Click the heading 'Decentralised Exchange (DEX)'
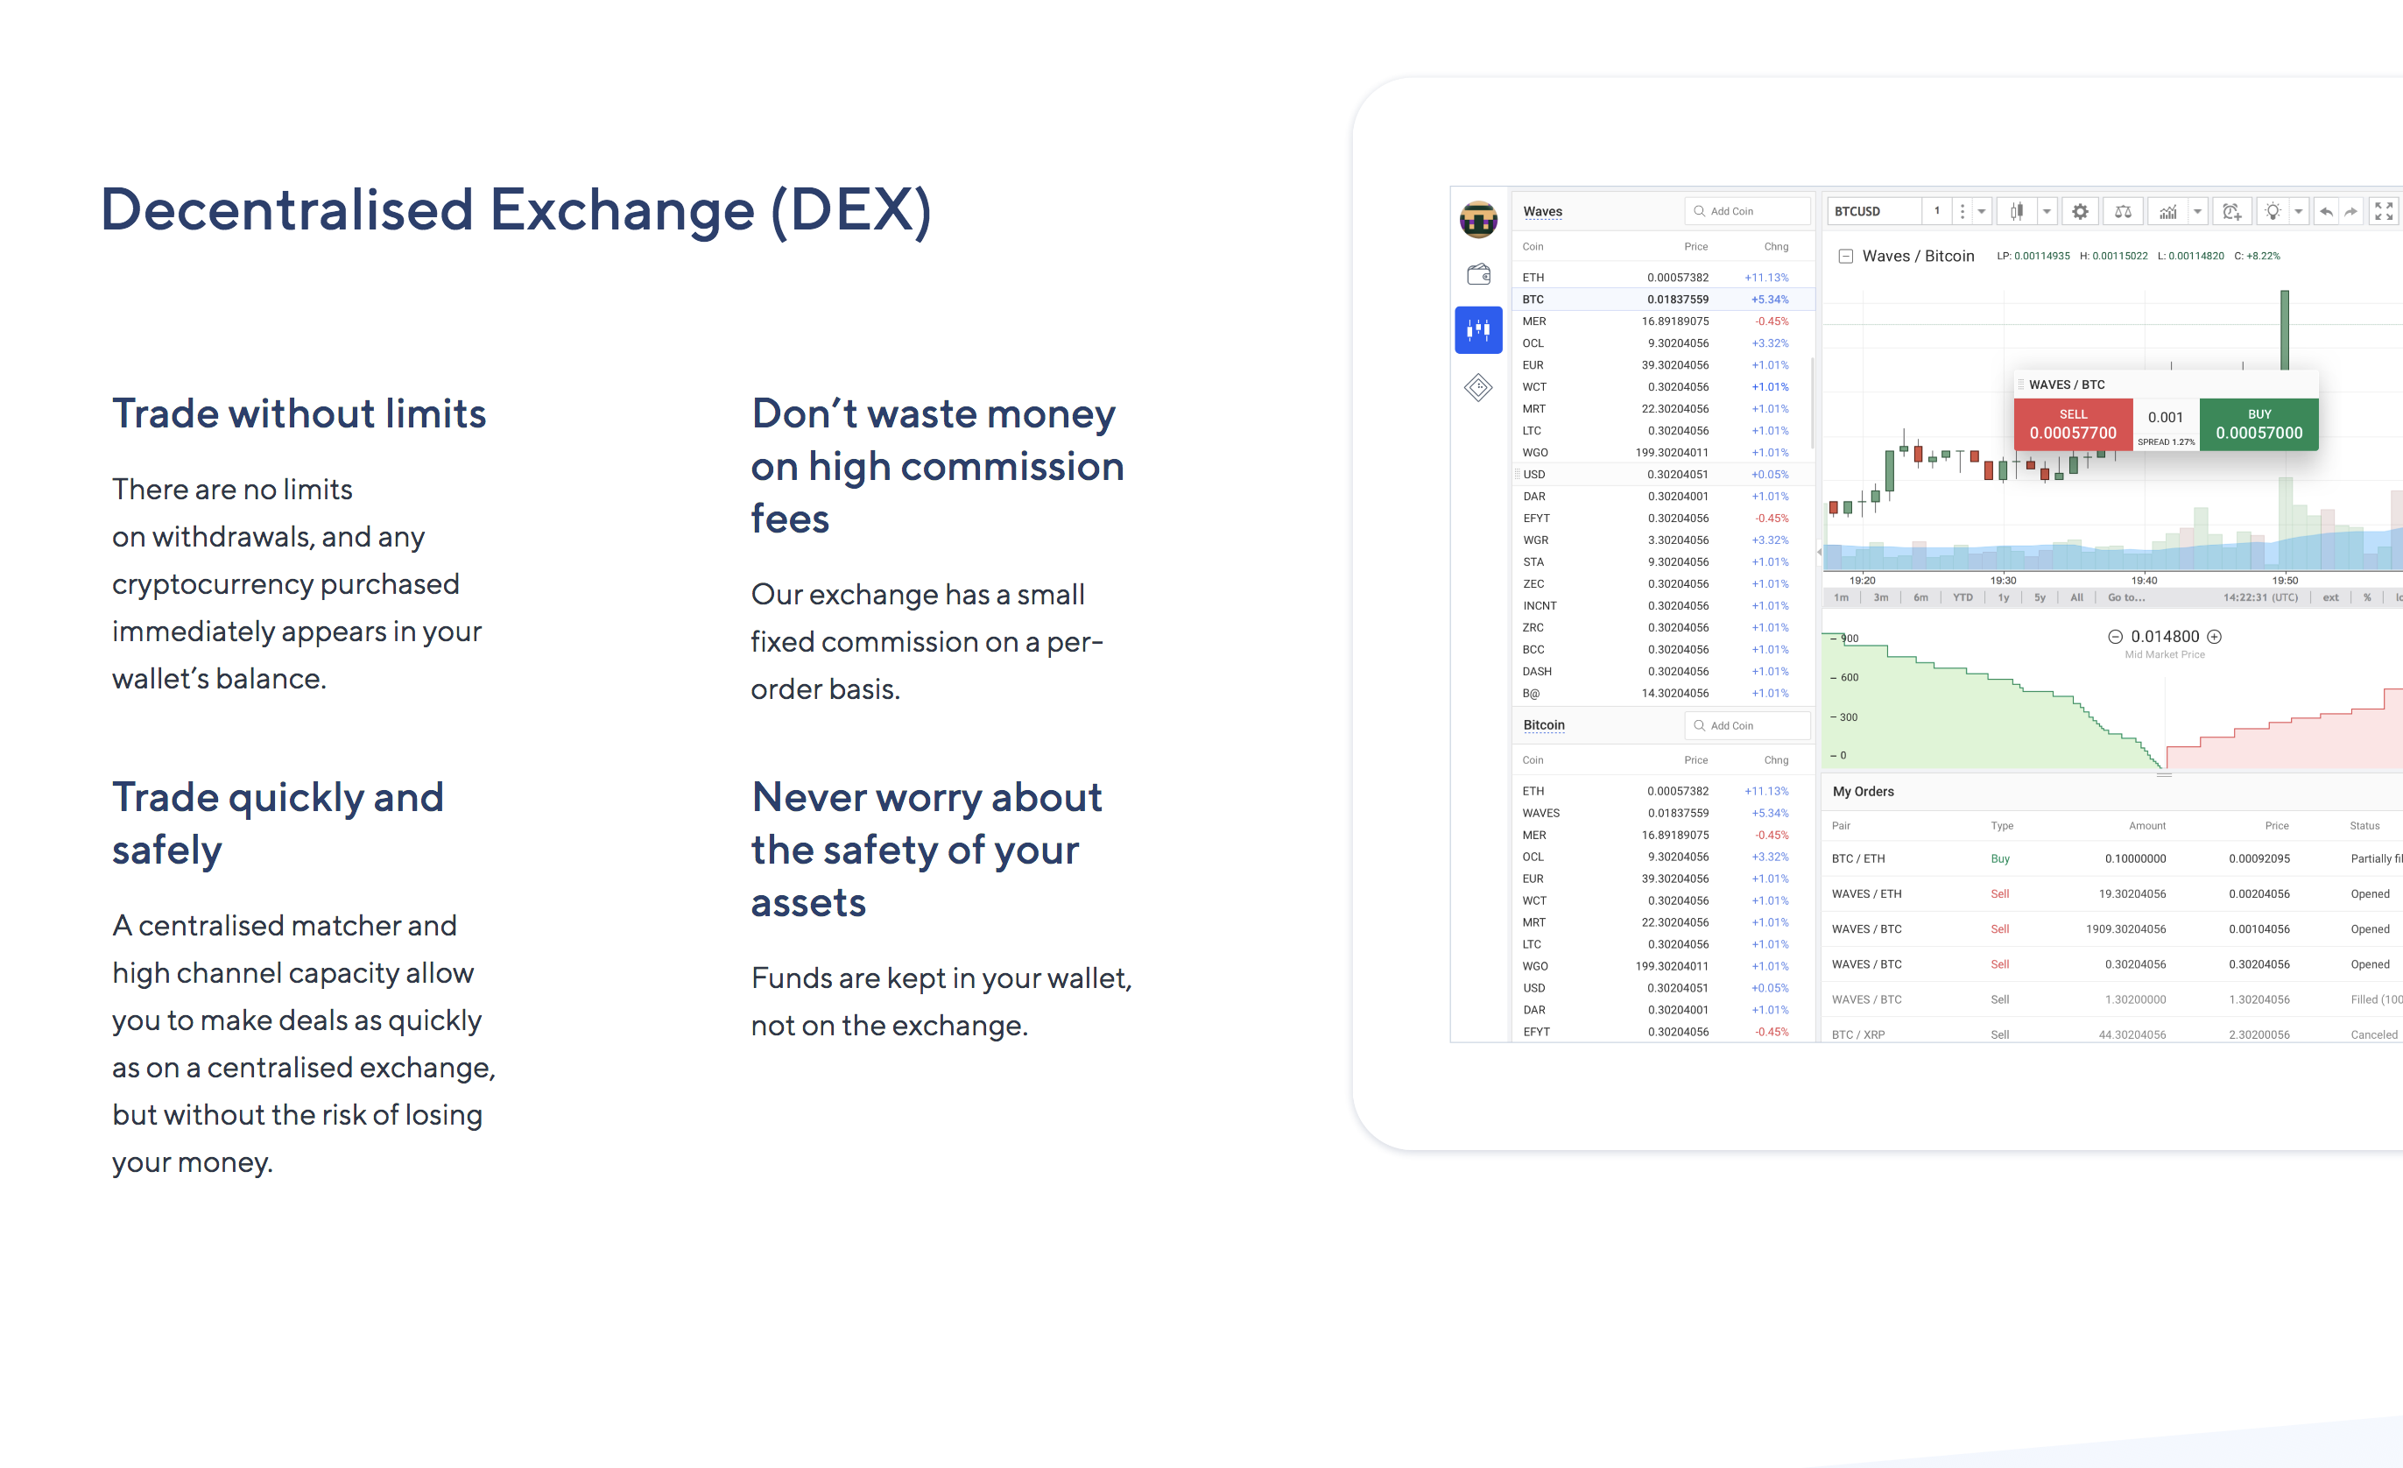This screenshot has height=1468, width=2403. click(516, 209)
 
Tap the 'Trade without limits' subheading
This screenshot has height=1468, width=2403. click(299, 413)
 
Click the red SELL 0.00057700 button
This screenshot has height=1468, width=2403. click(2072, 424)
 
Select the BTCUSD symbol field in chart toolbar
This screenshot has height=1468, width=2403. click(1872, 212)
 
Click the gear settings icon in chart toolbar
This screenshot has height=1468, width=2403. click(2080, 212)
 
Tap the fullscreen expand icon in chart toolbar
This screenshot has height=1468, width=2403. click(2384, 212)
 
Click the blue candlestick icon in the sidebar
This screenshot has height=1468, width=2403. click(1478, 329)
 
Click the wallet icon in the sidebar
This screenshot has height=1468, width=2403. click(1478, 274)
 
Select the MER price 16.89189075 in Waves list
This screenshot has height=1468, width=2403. click(1674, 321)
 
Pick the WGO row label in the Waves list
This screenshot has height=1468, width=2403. click(1535, 453)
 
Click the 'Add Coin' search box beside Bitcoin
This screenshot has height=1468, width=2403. click(1747, 726)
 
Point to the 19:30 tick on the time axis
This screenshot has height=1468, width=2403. click(2003, 581)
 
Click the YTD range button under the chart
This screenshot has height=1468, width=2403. click(1963, 598)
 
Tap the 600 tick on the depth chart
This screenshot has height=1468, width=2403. click(1849, 678)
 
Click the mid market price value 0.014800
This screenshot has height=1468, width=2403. click(2164, 637)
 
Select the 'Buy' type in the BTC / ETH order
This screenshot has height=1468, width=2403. click(2000, 859)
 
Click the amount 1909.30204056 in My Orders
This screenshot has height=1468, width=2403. click(2125, 929)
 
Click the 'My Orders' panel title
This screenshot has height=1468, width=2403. click(1863, 792)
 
